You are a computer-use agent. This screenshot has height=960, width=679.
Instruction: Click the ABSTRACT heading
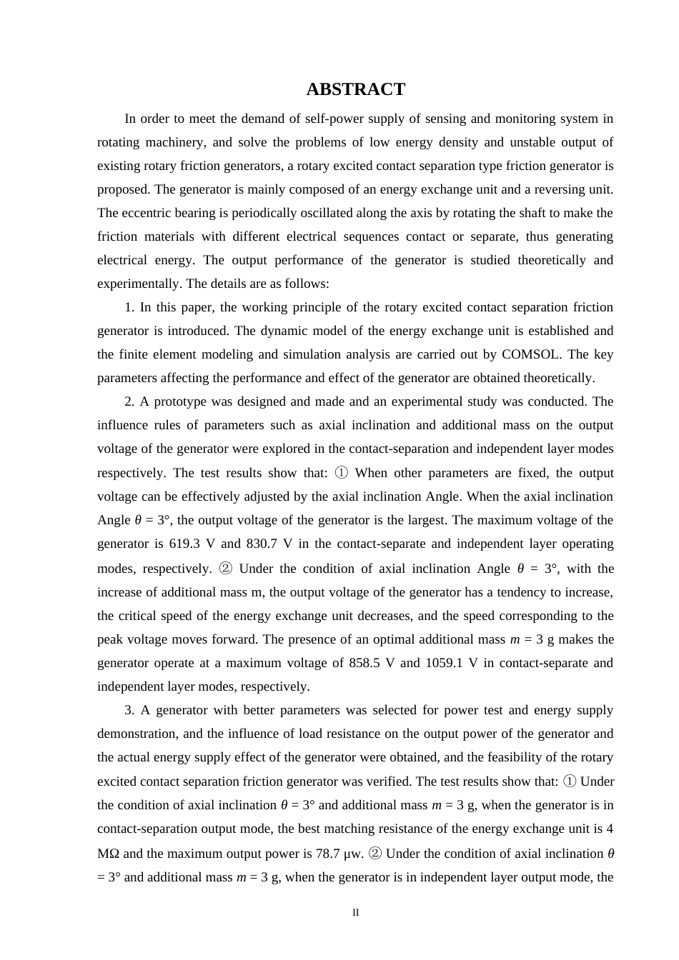tap(355, 89)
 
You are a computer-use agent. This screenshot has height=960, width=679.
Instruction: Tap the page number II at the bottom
tap(355, 912)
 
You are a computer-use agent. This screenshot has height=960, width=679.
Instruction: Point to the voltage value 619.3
tap(184, 544)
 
